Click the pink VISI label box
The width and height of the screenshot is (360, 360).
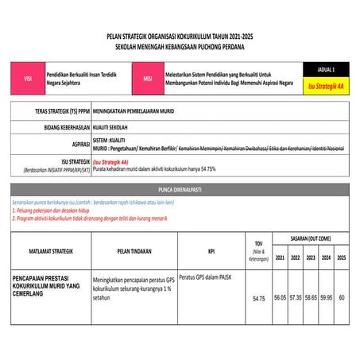28,79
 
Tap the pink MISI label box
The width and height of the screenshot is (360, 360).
147,79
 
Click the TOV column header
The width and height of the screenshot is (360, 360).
258,250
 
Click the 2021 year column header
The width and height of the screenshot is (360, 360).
280,257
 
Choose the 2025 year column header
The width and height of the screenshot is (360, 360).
341,257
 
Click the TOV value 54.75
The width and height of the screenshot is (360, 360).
258,299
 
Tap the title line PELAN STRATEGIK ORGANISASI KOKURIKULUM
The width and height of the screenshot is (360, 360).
180,37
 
